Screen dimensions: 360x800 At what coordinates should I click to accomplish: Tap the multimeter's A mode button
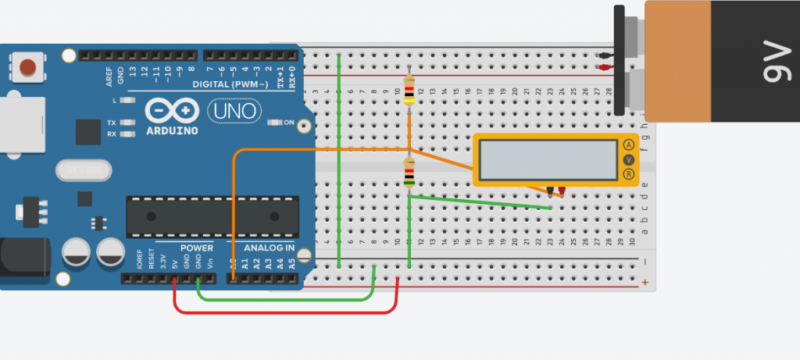pos(629,144)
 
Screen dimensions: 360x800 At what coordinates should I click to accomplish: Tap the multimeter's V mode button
pos(629,160)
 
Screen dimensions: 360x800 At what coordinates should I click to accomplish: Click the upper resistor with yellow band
pos(409,91)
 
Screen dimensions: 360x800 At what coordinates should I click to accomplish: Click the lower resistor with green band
pos(409,173)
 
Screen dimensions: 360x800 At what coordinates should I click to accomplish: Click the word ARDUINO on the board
pos(172,130)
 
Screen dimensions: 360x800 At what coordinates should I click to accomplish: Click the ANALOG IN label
pos(270,248)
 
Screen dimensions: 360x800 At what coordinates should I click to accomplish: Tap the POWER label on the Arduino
pos(197,248)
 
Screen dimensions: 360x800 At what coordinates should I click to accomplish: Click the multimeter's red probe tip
pos(562,191)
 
